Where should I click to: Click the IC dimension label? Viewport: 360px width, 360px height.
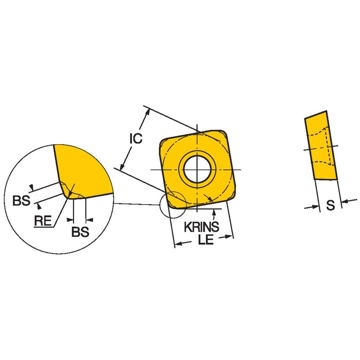(x=136, y=139)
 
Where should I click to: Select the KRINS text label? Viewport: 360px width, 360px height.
(x=201, y=227)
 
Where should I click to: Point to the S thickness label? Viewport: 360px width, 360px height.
(x=331, y=205)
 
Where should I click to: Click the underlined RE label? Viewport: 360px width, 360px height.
(x=43, y=220)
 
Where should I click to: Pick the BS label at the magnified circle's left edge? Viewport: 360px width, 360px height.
(x=21, y=201)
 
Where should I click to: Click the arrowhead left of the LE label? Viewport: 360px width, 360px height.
(x=179, y=243)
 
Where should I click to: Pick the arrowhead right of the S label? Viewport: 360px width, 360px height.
(x=344, y=202)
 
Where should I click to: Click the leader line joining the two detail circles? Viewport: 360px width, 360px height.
(x=137, y=204)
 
